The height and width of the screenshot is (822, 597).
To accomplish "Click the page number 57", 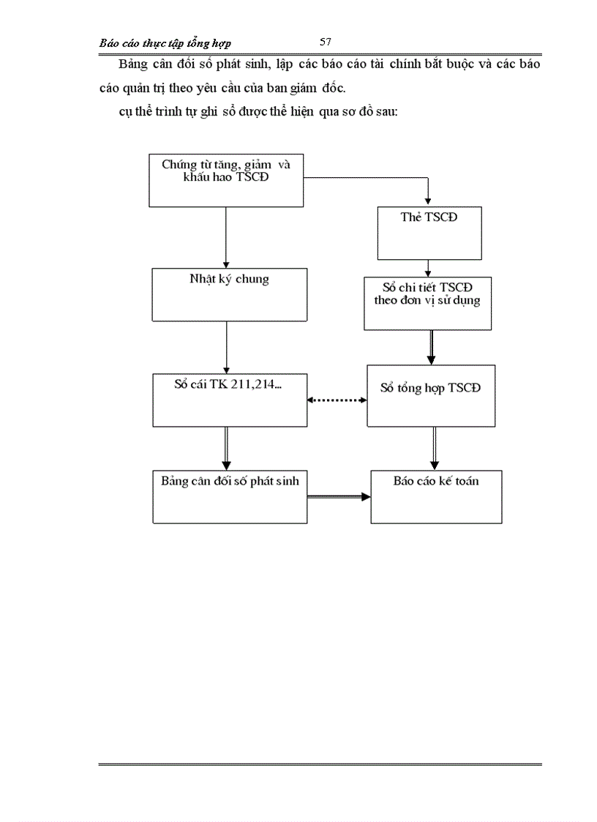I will point(326,42).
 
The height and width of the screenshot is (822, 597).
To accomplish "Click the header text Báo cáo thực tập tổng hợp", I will point(165,44).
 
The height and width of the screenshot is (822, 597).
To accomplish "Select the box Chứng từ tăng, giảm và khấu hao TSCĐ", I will point(226,180).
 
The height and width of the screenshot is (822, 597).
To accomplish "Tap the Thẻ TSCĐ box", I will point(429,233).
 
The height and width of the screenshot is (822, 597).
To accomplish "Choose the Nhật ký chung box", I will point(230,294).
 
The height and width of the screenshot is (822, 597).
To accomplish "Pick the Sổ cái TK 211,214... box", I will point(230,400).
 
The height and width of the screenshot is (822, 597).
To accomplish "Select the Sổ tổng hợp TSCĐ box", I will point(431,395).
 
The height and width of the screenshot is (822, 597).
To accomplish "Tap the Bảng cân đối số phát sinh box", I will point(230,496).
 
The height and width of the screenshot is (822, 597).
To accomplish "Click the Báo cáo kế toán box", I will point(436,496).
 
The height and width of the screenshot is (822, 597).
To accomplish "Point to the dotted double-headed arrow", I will point(337,400).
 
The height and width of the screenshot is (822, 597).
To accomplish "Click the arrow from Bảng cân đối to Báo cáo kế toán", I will point(339,497).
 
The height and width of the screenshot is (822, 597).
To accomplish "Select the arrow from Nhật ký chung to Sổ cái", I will point(226,347).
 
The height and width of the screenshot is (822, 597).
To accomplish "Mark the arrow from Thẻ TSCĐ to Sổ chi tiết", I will point(430,268).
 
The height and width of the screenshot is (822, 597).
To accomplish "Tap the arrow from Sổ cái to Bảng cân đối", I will point(226,448).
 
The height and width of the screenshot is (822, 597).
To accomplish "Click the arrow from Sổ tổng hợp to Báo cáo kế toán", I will point(434,448).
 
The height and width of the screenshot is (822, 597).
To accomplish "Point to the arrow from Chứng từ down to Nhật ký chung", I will point(226,236).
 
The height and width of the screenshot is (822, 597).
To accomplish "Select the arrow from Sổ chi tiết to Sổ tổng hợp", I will point(431,347).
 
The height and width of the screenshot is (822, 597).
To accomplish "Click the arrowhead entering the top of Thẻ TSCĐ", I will point(429,201).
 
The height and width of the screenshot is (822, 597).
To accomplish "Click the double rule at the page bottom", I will point(320,764).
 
